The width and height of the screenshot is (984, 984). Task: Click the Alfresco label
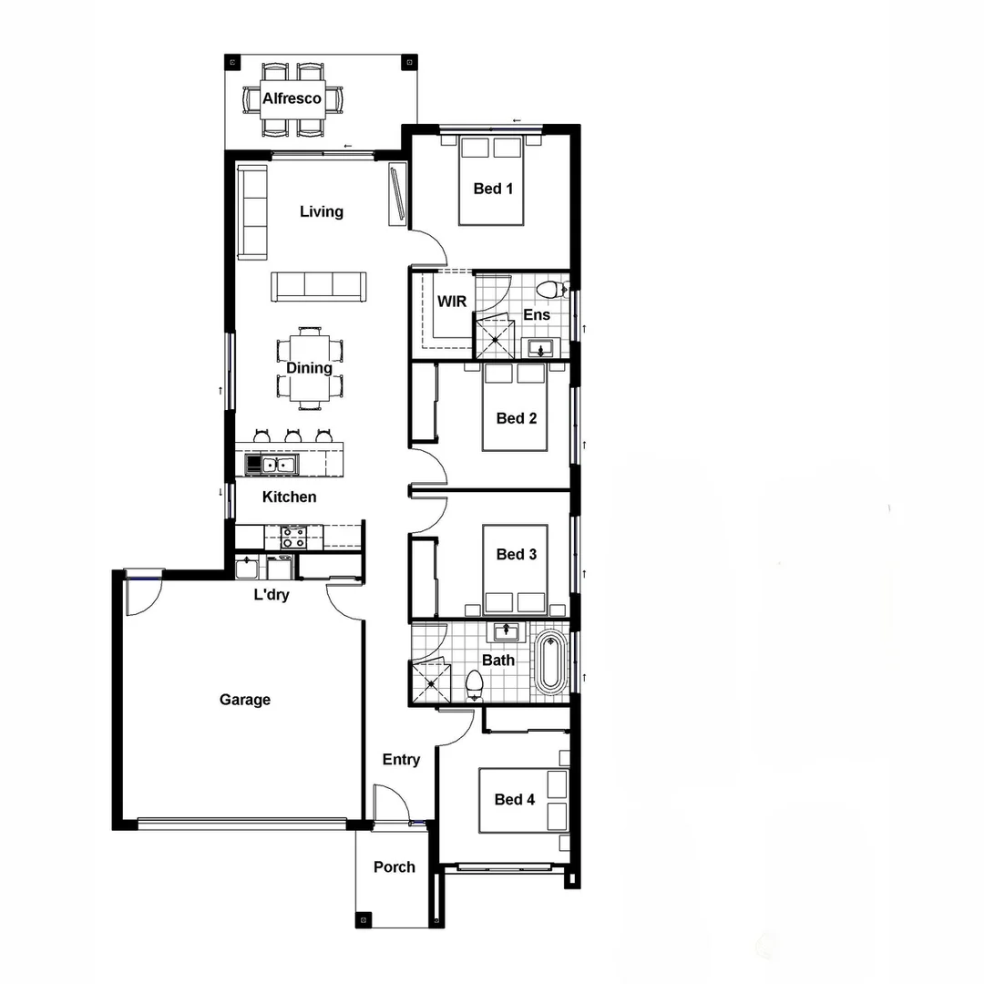[x=292, y=98]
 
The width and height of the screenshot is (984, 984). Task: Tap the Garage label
[x=245, y=700]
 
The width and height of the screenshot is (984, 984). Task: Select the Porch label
[x=395, y=866]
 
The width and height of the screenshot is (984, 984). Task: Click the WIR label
[x=452, y=301]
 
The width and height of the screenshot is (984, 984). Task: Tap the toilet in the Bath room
[x=475, y=682]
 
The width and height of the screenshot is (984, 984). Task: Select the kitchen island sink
[x=277, y=465]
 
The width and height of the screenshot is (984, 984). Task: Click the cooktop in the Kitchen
[x=293, y=537]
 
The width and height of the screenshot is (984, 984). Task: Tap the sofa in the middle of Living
[x=319, y=286]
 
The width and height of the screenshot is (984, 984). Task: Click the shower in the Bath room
[x=431, y=679]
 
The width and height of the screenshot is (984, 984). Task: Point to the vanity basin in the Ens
[x=542, y=347]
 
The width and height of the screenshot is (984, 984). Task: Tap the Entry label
[x=401, y=760]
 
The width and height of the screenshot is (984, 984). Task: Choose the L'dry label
[x=272, y=596]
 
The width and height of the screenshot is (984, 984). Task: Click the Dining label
[x=309, y=368]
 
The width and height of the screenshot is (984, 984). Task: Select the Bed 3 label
[x=516, y=554]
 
